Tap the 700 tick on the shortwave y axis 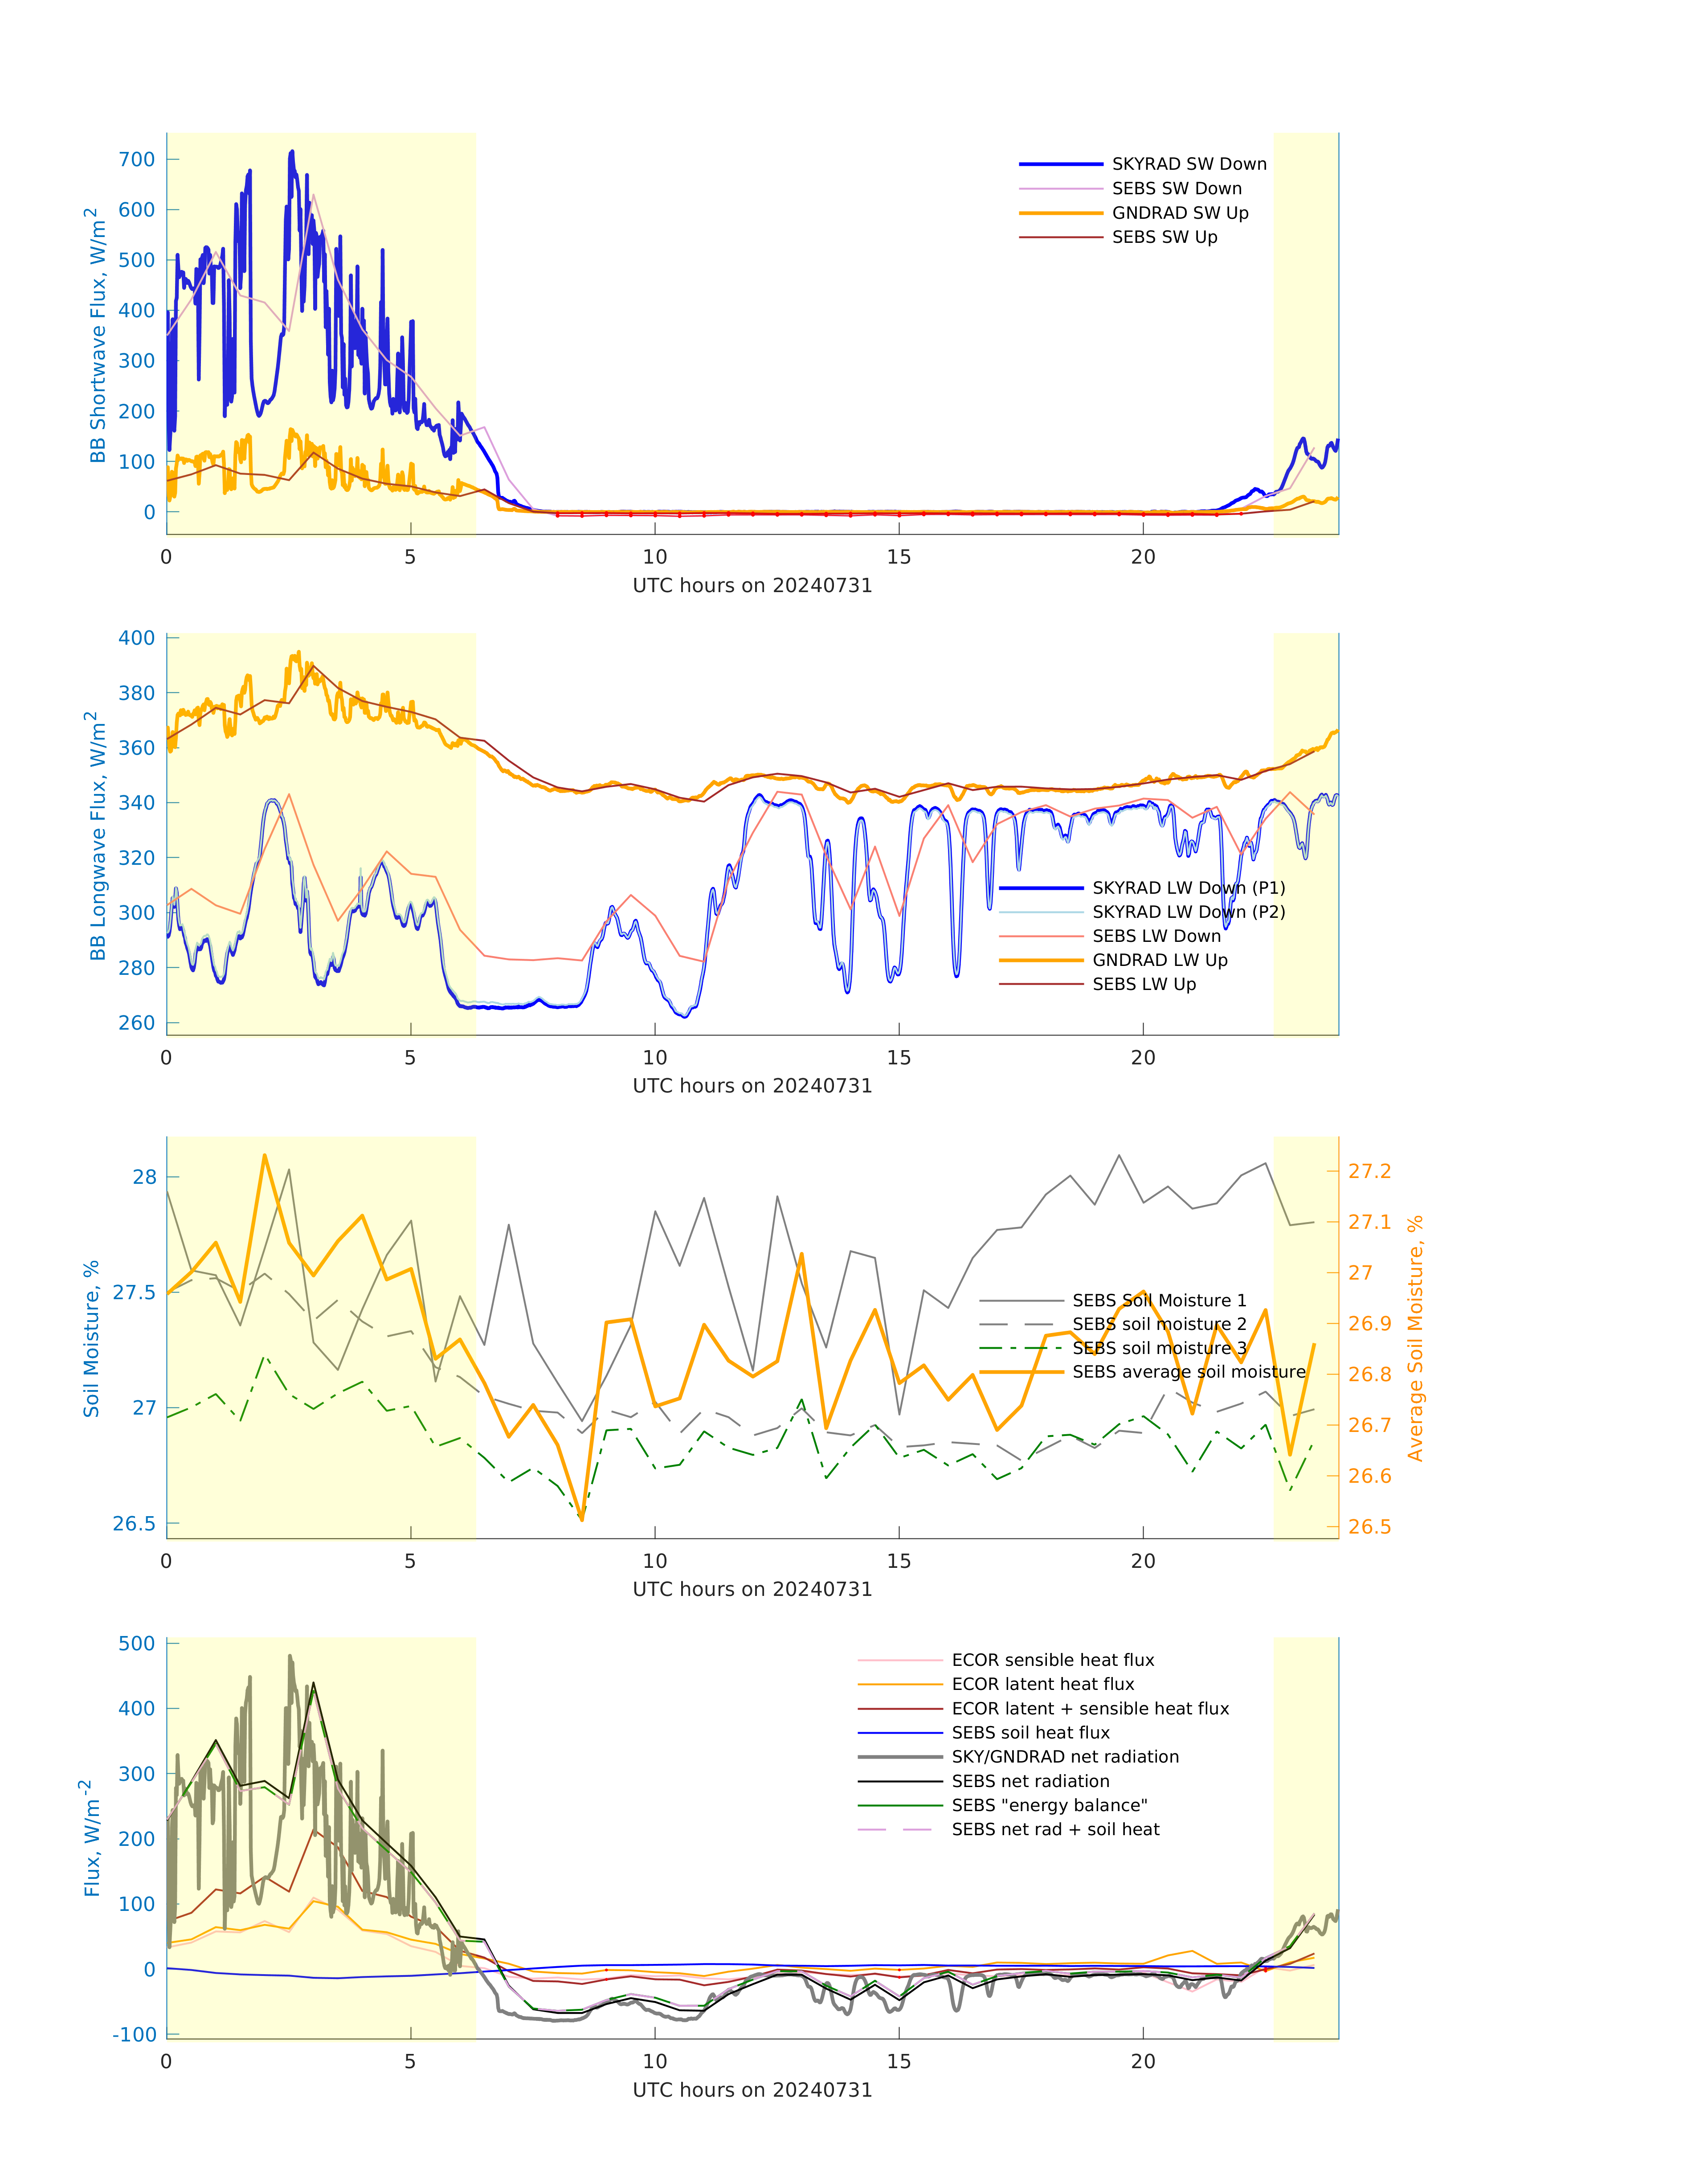[137, 160]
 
